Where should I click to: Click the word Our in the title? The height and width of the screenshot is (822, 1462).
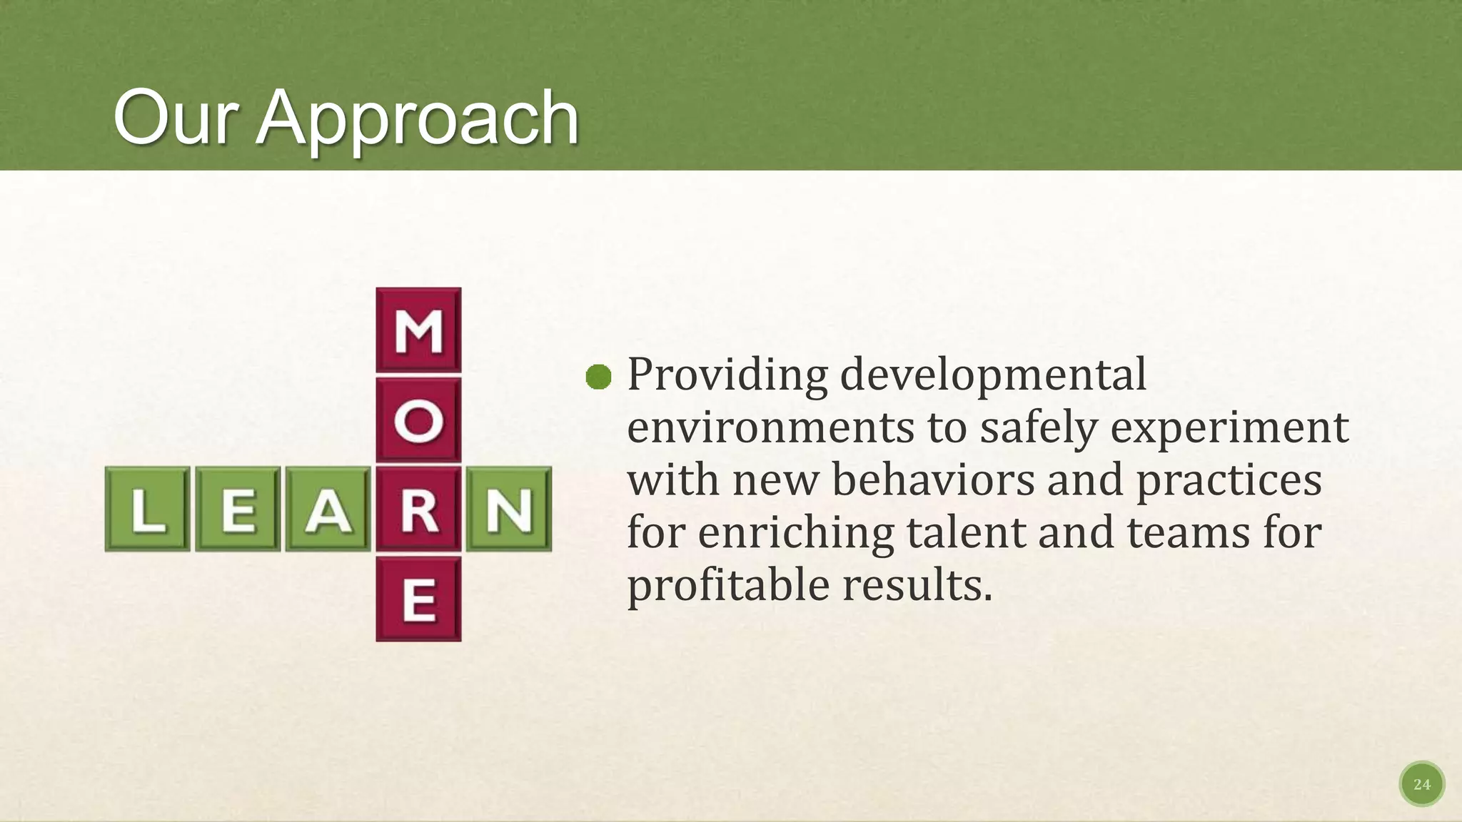coord(176,118)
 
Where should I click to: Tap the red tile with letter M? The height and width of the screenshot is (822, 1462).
coord(418,330)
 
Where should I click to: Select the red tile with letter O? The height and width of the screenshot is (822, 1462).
coord(418,420)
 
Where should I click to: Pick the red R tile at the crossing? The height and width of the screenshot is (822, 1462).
coord(418,509)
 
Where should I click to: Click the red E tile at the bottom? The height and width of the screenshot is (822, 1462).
coord(418,599)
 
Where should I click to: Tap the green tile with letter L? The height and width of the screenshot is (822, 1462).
coord(148,509)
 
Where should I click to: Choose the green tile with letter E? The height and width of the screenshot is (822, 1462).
coord(238,509)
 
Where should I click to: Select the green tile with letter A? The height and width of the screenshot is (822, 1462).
coord(328,509)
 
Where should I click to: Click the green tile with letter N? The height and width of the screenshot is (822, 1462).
coord(509,509)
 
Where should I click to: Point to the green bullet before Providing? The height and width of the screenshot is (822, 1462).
coord(598,377)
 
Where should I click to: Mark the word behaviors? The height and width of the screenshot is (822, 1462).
coord(933,479)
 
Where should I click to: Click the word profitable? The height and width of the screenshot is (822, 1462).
coord(727,585)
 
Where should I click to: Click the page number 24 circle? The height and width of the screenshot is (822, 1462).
coord(1421,784)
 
